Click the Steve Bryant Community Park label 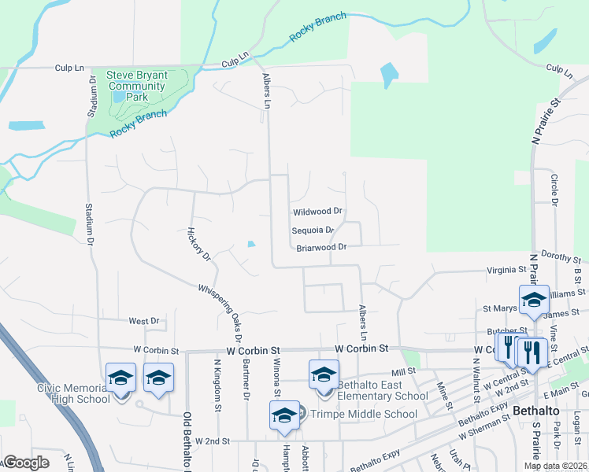coord(139,86)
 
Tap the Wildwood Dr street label coord(318,212)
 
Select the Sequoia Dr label coord(313,230)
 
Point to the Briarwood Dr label coord(322,248)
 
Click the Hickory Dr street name coord(199,244)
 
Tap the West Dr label coord(144,321)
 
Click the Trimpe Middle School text coord(364,414)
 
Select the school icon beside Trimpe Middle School coord(284,416)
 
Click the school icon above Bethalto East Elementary coord(324,375)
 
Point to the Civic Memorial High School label coord(74,393)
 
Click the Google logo coord(27,463)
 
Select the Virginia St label coord(506,269)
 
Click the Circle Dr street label coord(555,190)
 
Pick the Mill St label coord(403,371)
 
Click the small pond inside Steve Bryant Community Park coord(118,97)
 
